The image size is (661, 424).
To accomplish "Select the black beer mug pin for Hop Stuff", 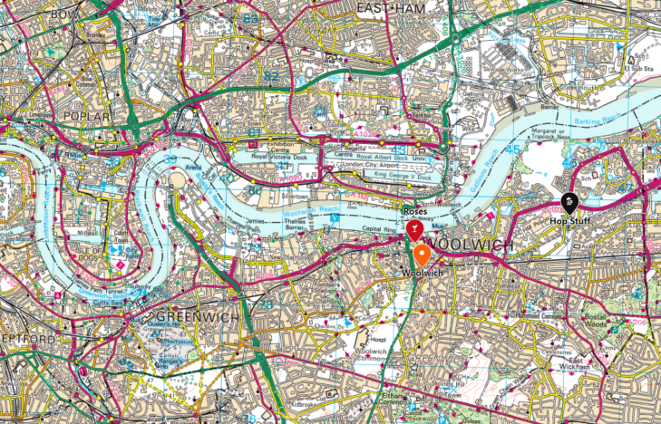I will pyautogui.click(x=569, y=203).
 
